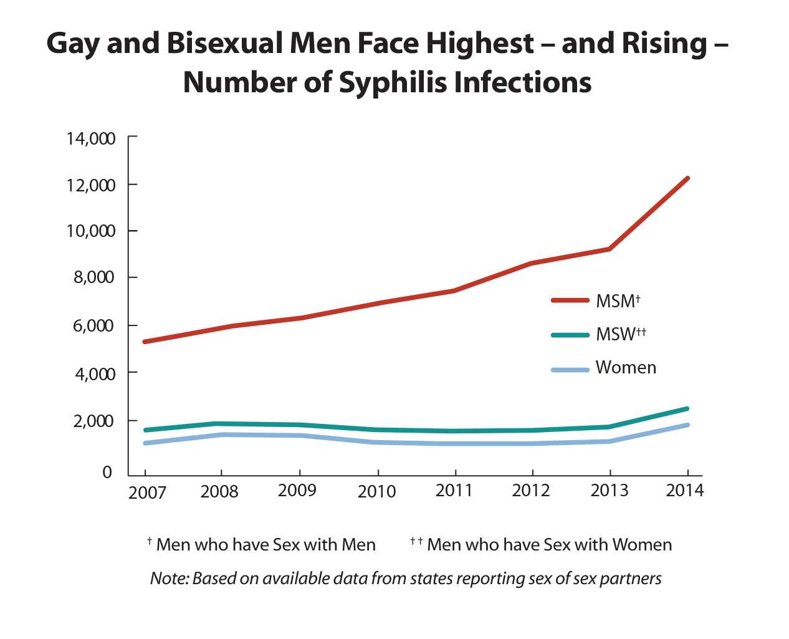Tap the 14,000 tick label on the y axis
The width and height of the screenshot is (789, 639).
tap(91, 138)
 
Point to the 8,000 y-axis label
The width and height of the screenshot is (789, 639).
tap(94, 277)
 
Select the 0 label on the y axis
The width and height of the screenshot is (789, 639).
tap(107, 472)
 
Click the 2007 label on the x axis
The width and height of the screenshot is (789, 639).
tap(147, 493)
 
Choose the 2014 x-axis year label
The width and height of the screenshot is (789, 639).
tap(684, 491)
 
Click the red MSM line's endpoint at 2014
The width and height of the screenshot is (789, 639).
tap(687, 178)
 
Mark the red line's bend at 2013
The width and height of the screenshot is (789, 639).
tap(609, 249)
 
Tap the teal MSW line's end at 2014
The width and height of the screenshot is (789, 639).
tap(687, 409)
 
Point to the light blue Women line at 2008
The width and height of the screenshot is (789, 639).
tap(221, 435)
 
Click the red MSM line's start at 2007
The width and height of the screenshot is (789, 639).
tap(145, 342)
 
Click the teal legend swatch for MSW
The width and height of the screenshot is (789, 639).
tap(570, 335)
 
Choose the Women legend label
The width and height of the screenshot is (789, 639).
tap(626, 368)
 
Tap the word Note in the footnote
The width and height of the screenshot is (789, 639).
tap(168, 579)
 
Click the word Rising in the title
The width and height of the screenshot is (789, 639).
tap(665, 44)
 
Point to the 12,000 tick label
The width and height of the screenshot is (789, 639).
tap(91, 185)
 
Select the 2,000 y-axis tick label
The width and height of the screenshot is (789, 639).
tap(94, 421)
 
